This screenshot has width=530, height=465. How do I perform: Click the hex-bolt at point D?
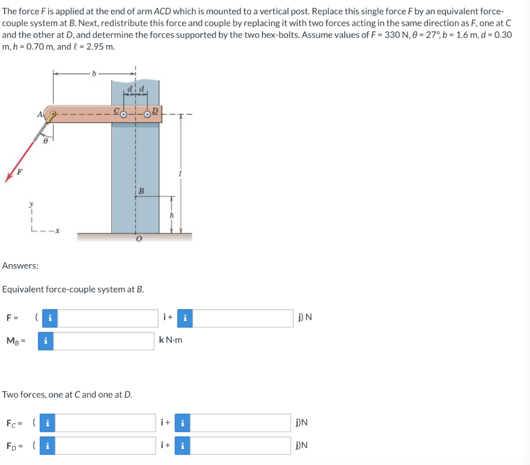[x=148, y=114]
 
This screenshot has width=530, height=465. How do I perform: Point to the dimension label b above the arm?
[x=94, y=73]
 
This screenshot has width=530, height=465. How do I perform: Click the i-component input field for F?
[x=108, y=318]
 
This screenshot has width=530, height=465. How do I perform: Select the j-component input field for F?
[x=243, y=318]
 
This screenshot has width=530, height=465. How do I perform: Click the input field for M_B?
[x=104, y=340]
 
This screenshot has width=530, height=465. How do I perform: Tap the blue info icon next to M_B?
[x=46, y=340]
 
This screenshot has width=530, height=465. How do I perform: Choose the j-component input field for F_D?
[x=241, y=445]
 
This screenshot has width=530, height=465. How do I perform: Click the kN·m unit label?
[x=170, y=340]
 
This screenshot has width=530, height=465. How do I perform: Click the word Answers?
[x=20, y=266]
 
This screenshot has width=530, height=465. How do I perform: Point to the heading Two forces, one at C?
[x=67, y=394]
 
